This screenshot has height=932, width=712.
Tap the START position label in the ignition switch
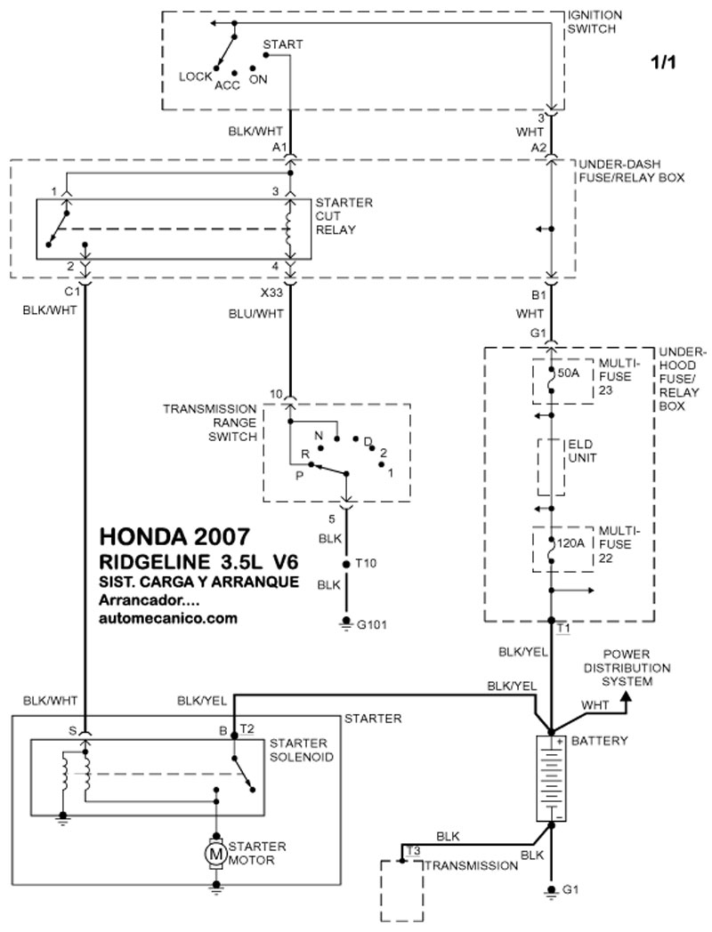pos(283,44)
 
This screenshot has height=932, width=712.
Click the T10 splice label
pos(367,564)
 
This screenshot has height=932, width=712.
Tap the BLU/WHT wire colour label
pos(257,313)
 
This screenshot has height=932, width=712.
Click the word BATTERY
pos(600,740)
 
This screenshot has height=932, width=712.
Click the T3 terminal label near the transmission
pos(412,851)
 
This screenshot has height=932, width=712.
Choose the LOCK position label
pos(195,76)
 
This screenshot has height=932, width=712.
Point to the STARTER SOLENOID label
pos(301,750)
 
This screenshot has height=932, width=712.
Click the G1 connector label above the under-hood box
pos(537,333)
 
